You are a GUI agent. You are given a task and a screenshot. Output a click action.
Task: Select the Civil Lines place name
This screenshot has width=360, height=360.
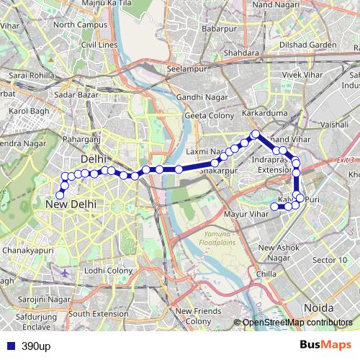99,45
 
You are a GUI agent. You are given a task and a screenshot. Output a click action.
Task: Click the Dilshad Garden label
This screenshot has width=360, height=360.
307,45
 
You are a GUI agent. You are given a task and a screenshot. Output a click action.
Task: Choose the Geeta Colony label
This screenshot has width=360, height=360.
210,114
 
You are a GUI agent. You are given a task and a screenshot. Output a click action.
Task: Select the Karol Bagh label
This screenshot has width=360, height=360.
28,112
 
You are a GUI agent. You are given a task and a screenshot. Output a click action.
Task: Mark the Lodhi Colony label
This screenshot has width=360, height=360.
109,270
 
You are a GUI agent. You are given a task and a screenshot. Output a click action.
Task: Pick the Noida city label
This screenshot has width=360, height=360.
319,307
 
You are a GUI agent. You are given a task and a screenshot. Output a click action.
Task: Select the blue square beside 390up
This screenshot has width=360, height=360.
10,346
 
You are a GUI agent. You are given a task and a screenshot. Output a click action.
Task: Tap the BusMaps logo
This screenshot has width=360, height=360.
325,346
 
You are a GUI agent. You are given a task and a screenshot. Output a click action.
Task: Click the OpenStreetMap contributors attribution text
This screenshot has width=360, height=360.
297,323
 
